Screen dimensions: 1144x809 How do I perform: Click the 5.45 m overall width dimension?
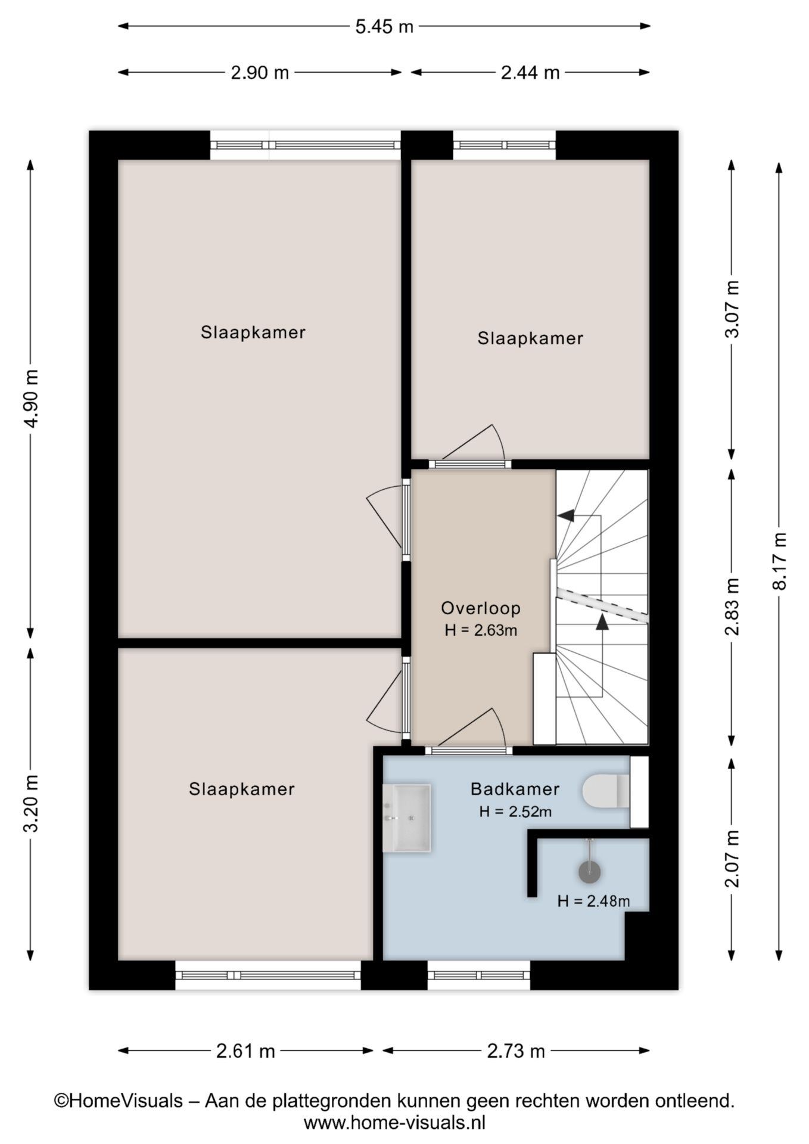[384, 27]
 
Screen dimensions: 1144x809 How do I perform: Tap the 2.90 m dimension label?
[260, 73]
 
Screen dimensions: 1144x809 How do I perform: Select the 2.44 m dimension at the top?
[530, 73]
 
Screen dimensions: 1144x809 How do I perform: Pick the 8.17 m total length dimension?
[779, 560]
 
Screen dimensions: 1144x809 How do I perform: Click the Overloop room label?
[481, 608]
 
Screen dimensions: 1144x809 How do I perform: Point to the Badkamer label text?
[515, 789]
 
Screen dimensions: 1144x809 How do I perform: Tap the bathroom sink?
[407, 817]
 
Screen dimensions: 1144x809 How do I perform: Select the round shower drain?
[590, 872]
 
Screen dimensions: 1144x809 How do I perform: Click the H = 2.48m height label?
[593, 901]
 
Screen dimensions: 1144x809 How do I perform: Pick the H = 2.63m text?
[481, 630]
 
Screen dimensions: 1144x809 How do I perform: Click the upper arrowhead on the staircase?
[567, 515]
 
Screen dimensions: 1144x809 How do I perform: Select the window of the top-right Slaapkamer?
[504, 145]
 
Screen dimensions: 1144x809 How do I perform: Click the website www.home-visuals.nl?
[394, 1123]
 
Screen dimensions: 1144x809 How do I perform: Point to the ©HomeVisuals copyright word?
[119, 1101]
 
